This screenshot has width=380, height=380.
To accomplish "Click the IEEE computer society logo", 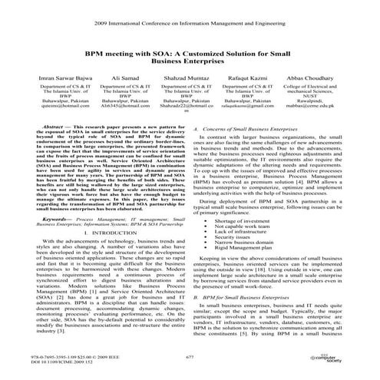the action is pos(349,360).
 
